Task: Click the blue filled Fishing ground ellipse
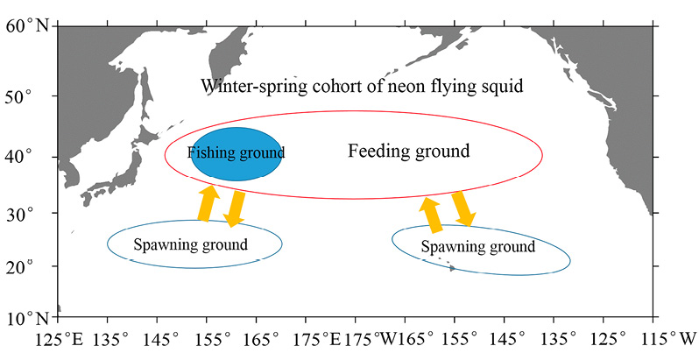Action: click(237, 154)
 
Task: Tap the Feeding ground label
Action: click(409, 152)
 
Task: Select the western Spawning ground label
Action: click(190, 244)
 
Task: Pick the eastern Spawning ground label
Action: click(478, 246)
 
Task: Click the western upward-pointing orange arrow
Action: click(208, 202)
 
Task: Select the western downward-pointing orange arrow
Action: click(235, 209)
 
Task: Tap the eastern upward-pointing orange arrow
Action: click(432, 215)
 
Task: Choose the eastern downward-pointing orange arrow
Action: click(463, 208)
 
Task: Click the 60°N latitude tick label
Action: click(27, 26)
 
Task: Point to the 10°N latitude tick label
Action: click(27, 318)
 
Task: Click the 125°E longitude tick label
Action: click(60, 340)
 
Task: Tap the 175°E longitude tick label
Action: click(317, 340)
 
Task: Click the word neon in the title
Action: click(406, 87)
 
